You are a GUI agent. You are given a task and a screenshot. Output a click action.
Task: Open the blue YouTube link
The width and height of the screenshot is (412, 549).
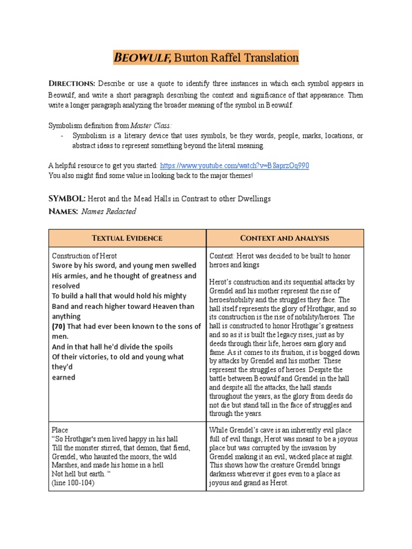tap(234, 165)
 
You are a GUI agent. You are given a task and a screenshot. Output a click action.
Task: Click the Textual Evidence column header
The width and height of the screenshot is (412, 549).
tap(127, 238)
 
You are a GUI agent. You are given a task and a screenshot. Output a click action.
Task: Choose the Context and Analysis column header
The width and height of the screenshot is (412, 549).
tap(285, 238)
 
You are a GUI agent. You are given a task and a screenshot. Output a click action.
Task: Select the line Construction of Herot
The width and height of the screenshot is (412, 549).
tap(84, 256)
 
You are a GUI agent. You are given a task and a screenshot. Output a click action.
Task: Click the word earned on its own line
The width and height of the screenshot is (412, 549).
tap(63, 377)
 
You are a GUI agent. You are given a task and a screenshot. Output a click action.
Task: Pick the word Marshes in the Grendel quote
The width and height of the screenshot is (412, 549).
tap(65, 465)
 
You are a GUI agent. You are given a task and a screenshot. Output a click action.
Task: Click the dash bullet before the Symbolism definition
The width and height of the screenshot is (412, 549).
tap(63, 136)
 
